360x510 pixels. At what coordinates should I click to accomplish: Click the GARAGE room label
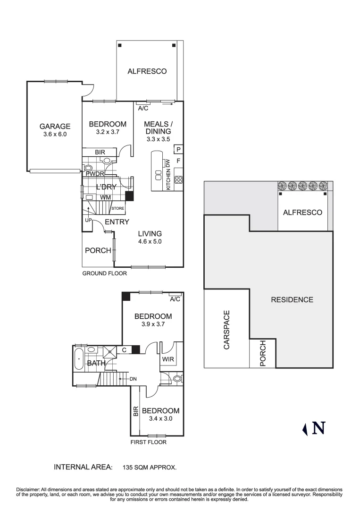(x=55, y=126)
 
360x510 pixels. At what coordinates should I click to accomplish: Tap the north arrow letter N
(x=319, y=428)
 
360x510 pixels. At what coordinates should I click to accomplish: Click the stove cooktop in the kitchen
(x=178, y=180)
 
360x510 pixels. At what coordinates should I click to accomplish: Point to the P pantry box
(x=178, y=150)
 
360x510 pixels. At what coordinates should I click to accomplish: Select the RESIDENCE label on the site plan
(x=292, y=299)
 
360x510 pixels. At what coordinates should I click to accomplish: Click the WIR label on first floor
(x=168, y=360)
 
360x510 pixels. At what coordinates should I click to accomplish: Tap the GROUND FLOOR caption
(x=104, y=273)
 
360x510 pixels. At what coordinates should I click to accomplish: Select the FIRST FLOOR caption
(x=148, y=442)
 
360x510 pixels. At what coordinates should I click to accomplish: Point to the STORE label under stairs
(x=117, y=208)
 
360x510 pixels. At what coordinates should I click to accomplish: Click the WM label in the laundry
(x=106, y=196)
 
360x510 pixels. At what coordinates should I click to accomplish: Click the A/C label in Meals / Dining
(x=143, y=108)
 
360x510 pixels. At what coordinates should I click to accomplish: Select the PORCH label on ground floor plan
(x=98, y=250)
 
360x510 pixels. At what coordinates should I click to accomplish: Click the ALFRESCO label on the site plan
(x=302, y=212)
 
